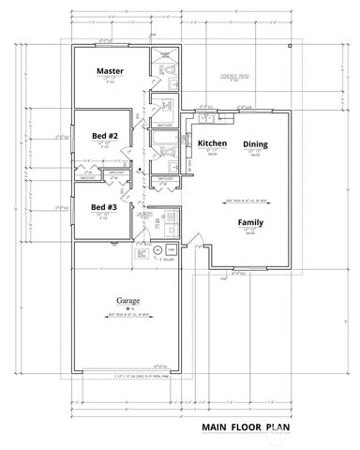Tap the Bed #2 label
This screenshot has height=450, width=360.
(x=104, y=136)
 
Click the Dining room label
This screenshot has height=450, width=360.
(x=255, y=143)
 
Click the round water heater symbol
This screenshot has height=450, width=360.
(x=158, y=249)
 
